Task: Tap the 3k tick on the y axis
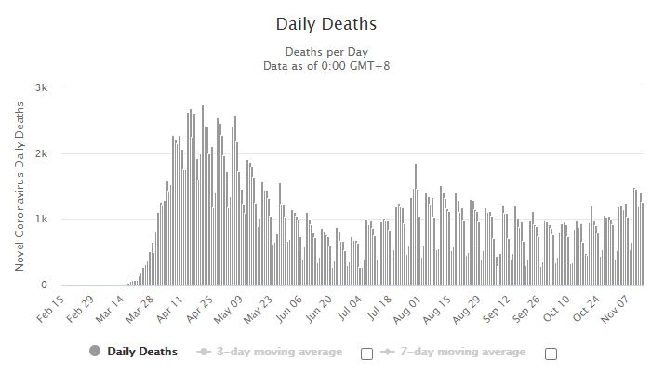(43, 87)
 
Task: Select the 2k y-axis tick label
(43, 153)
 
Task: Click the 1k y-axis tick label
(43, 220)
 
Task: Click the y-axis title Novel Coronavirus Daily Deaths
(20, 186)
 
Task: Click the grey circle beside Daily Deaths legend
(94, 352)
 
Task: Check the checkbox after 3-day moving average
(366, 353)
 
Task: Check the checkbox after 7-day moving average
(551, 353)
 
